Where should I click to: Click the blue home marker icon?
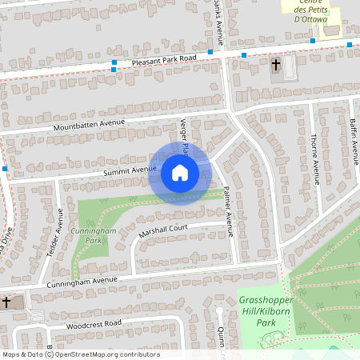pos(179,172)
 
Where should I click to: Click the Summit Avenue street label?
pos(129,170)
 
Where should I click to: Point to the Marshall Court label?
pos(162,230)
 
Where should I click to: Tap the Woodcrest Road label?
pos(94,324)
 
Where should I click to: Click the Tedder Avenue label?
pos(59,232)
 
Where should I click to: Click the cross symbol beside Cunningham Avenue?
pos(6,302)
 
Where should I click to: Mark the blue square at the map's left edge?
pos(5,169)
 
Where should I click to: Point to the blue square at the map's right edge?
pos(350,44)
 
